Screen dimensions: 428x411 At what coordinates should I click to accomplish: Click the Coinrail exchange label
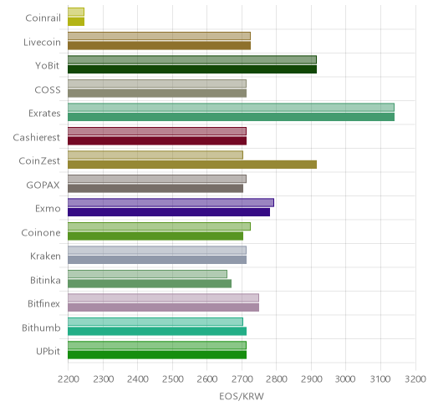pyautogui.click(x=43, y=18)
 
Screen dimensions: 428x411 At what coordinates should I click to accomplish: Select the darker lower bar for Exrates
pyautogui.click(x=231, y=117)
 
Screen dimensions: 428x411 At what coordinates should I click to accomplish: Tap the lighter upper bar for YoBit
pyautogui.click(x=192, y=60)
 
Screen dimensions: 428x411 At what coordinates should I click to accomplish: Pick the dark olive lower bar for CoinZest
pyautogui.click(x=192, y=165)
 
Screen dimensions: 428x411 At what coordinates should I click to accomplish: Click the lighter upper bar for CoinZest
pyautogui.click(x=155, y=155)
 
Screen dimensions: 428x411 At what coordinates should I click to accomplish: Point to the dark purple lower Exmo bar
pyautogui.click(x=169, y=212)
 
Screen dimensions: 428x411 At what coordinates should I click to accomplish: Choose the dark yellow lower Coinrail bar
pyautogui.click(x=76, y=22)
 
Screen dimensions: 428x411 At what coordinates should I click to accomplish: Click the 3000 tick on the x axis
pyautogui.click(x=345, y=379)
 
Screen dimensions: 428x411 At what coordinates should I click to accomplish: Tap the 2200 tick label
pyautogui.click(x=68, y=379)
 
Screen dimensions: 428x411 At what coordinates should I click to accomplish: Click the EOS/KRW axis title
pyautogui.click(x=242, y=396)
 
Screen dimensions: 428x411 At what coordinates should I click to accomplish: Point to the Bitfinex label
pyautogui.click(x=44, y=304)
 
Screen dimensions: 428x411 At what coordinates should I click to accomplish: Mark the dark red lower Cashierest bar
pyautogui.click(x=157, y=141)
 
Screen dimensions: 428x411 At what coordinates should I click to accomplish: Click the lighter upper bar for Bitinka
pyautogui.click(x=147, y=274)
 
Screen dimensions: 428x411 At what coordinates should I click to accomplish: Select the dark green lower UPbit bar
pyautogui.click(x=157, y=355)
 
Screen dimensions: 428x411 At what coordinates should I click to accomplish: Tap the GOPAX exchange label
pyautogui.click(x=43, y=185)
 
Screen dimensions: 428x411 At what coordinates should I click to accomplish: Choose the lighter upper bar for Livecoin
pyautogui.click(x=159, y=36)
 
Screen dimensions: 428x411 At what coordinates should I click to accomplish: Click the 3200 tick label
pyautogui.click(x=415, y=379)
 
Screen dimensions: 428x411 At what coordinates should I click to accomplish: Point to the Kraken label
pyautogui.click(x=45, y=256)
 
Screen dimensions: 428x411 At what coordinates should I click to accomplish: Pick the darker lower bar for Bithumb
pyautogui.click(x=157, y=332)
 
